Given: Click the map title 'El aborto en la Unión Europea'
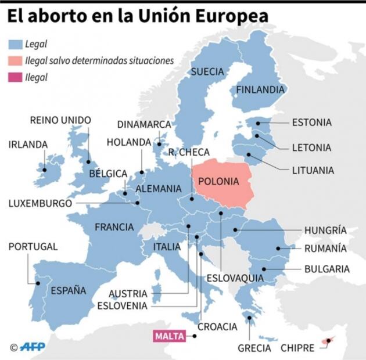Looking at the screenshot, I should [x=138, y=15].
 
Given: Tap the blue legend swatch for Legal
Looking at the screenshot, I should [x=15, y=44].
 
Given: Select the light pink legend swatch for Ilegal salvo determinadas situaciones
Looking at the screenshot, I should [x=15, y=60].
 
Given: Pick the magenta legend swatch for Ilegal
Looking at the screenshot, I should [x=15, y=77].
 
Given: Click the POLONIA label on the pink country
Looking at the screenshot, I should [x=218, y=181].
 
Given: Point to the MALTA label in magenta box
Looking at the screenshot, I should [x=170, y=336].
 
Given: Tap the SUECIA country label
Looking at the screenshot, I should [x=207, y=71].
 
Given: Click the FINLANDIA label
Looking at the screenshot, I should [x=260, y=90].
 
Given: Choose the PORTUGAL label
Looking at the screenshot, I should [x=33, y=247].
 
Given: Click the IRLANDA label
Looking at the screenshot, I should [x=28, y=145].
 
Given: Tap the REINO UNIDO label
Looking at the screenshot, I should [x=60, y=121].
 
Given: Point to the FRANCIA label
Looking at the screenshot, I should [x=114, y=227].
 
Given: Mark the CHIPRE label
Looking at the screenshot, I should [x=297, y=348].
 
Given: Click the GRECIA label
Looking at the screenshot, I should [x=254, y=348].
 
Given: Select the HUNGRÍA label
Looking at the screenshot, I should [x=326, y=231].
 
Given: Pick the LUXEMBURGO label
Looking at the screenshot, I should [x=40, y=204].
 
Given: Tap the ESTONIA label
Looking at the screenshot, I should [x=312, y=123].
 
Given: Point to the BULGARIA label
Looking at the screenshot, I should [x=327, y=269].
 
